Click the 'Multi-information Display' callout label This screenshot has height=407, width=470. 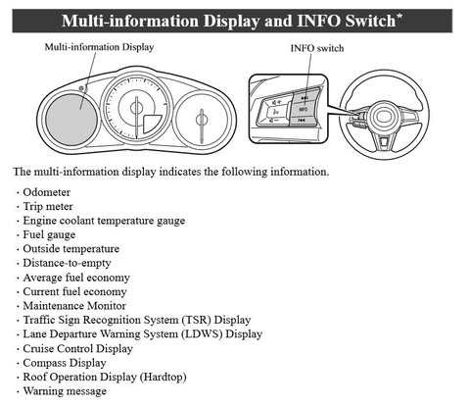click(99, 47)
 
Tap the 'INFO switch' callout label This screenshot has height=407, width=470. click(317, 48)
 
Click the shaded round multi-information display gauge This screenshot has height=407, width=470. click(71, 120)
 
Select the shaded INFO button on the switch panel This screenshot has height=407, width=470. click(304, 109)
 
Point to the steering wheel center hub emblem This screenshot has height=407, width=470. click(385, 117)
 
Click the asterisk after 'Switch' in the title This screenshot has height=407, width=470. click(399, 17)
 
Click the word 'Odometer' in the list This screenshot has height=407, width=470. click(47, 192)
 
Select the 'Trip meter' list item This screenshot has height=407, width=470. click(48, 207)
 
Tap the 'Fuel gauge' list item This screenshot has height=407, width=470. click(49, 234)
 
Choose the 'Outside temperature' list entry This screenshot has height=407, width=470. click(71, 249)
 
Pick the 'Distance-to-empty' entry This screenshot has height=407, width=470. click(67, 263)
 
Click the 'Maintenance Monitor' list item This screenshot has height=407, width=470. click(74, 306)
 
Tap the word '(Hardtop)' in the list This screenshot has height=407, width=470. click(164, 377)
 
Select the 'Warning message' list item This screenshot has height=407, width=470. click(65, 391)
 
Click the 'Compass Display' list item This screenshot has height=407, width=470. click(65, 363)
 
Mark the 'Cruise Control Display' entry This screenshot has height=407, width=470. click(77, 348)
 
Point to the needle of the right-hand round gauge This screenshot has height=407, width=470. click(202, 126)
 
